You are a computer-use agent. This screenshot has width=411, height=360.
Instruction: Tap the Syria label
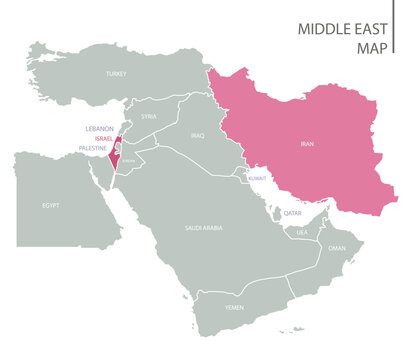point(149,117)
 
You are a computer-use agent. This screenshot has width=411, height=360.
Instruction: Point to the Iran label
point(306,144)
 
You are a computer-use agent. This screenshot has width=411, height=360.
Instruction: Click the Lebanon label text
point(100,129)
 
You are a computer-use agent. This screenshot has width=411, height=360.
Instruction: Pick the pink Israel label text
point(104,138)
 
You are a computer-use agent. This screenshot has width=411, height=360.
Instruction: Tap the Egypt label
point(51,204)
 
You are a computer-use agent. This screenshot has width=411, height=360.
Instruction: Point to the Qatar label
point(292,213)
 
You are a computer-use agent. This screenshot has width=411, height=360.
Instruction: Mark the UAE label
point(301,231)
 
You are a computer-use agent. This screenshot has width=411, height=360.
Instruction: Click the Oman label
point(337,248)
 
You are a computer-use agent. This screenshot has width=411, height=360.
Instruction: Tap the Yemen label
point(234,307)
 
